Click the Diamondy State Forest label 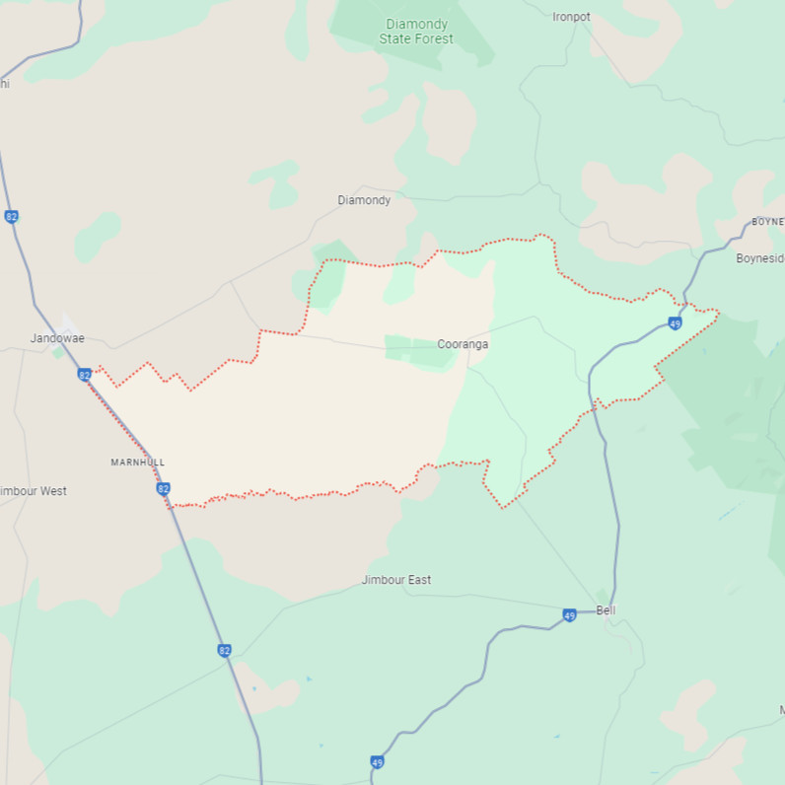[416, 32]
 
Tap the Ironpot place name [571, 17]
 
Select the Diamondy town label [364, 200]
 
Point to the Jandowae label [57, 338]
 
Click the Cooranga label [463, 344]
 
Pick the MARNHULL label [138, 463]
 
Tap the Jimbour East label [396, 580]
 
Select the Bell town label [606, 610]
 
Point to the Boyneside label [759, 258]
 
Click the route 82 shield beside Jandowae [84, 375]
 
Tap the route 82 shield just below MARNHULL [163, 488]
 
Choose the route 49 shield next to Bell [569, 615]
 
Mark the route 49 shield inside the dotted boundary [675, 323]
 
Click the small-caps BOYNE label [766, 222]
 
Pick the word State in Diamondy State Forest [395, 39]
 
